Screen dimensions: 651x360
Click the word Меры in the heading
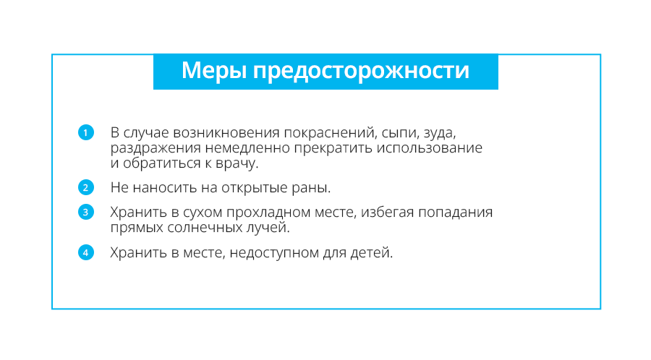[213, 71]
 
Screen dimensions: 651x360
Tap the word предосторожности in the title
[361, 72]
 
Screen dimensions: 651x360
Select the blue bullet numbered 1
[86, 133]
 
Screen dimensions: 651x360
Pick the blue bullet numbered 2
[86, 187]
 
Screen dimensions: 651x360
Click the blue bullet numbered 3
[86, 212]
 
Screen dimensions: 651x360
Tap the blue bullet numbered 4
[86, 252]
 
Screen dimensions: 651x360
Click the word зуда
[440, 134]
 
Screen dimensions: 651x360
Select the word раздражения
[156, 148]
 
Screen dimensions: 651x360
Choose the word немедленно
[248, 148]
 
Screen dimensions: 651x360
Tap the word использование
[429, 148]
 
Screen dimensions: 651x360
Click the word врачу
[237, 163]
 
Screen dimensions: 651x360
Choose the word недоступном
[274, 253]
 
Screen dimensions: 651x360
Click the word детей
[372, 253]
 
